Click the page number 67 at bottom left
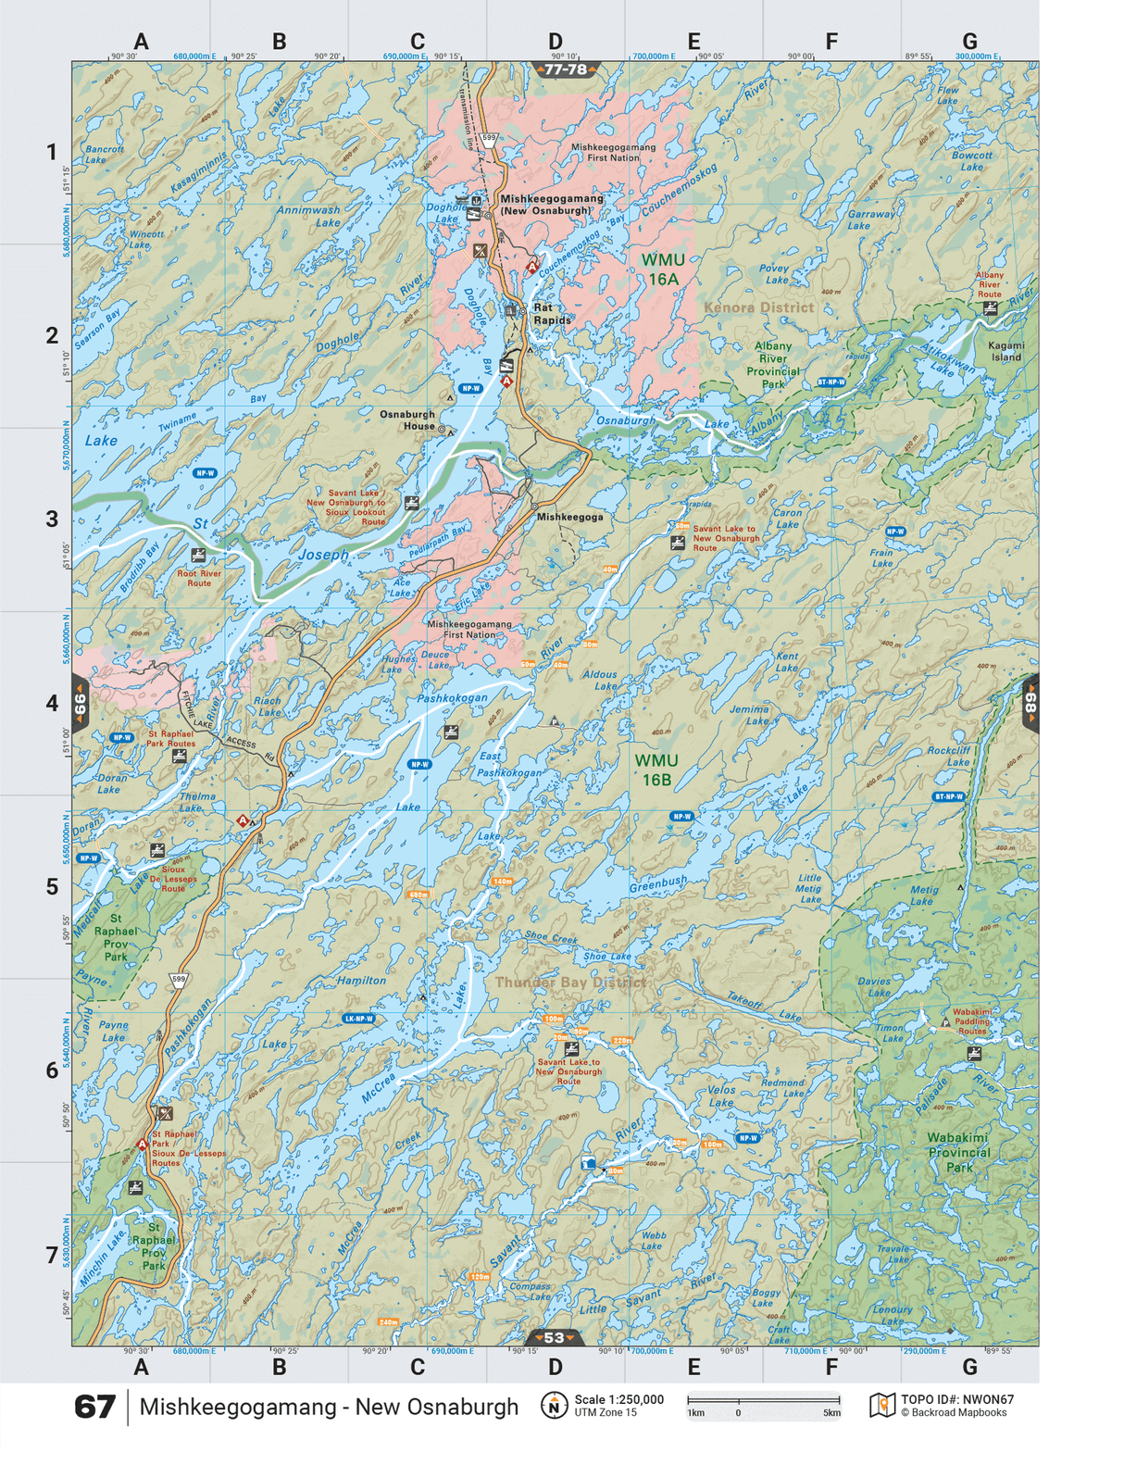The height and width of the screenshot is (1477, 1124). point(94,1407)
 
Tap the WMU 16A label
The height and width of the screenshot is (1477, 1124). point(663,269)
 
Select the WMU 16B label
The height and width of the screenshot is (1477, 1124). point(656,770)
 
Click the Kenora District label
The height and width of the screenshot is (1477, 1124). point(758,307)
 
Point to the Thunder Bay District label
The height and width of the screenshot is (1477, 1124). point(570,982)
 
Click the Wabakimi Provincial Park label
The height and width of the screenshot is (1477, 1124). point(958,1152)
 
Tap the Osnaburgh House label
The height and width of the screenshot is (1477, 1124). point(407,420)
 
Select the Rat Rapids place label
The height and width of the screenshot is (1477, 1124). point(552,314)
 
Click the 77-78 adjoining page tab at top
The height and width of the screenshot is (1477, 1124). point(566,69)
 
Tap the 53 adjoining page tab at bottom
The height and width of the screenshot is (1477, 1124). point(554,1337)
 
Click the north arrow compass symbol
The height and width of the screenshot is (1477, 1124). point(553,1407)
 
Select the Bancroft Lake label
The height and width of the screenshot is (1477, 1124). point(104,154)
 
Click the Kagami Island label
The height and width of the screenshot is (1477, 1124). point(1005,351)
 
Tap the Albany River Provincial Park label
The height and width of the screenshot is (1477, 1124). point(772,365)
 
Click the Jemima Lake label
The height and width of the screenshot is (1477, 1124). point(749,715)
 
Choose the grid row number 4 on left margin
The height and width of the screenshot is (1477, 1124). point(52,703)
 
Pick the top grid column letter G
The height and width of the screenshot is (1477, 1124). point(969,42)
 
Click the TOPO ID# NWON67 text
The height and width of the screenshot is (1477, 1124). point(957,1400)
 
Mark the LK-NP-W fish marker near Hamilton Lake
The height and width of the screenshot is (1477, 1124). point(358,1019)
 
